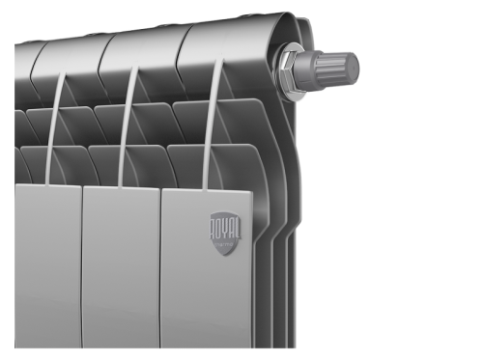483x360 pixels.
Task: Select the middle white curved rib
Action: (127, 125)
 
